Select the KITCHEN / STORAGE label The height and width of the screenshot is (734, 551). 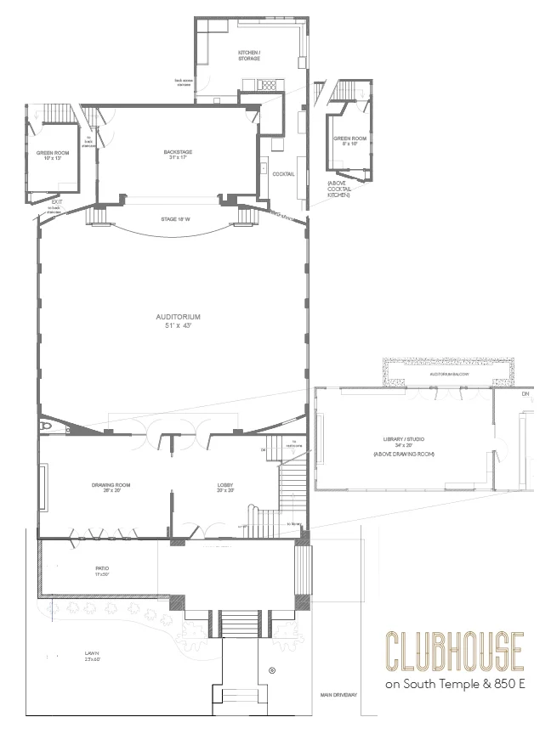[249, 56]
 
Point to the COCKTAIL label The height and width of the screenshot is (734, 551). [284, 174]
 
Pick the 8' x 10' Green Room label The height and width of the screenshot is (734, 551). [349, 141]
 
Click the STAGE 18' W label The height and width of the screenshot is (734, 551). [174, 220]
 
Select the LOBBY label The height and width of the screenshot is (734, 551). [225, 488]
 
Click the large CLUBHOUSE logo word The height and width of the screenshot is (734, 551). [453, 651]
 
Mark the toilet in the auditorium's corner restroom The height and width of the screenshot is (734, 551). [48, 425]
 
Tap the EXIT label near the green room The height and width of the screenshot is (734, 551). [56, 202]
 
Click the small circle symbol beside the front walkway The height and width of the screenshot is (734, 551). [272, 671]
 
